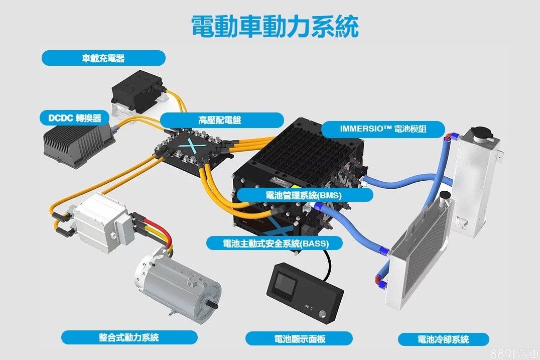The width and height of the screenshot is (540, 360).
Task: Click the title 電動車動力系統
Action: (275, 26)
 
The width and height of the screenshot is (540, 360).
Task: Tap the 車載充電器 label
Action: (103, 58)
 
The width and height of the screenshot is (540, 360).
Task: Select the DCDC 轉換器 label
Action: (75, 118)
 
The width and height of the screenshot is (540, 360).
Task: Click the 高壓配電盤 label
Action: (222, 120)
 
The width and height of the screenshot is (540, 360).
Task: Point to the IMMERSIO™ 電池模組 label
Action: (383, 129)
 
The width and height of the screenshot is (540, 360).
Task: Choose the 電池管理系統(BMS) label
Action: (304, 195)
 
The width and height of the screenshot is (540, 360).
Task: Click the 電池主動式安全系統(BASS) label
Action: (275, 243)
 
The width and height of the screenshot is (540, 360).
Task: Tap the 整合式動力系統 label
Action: (129, 337)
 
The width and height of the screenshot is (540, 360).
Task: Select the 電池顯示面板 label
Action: (299, 338)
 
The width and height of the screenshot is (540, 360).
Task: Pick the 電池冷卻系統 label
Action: (443, 339)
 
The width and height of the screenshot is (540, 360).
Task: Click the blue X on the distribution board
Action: (192, 147)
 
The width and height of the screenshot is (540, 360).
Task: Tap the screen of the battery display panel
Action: (284, 285)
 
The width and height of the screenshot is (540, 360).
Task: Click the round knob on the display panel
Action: (322, 313)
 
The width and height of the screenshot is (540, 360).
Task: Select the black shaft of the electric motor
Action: (213, 306)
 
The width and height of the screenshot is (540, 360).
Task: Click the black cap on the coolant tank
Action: (481, 132)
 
